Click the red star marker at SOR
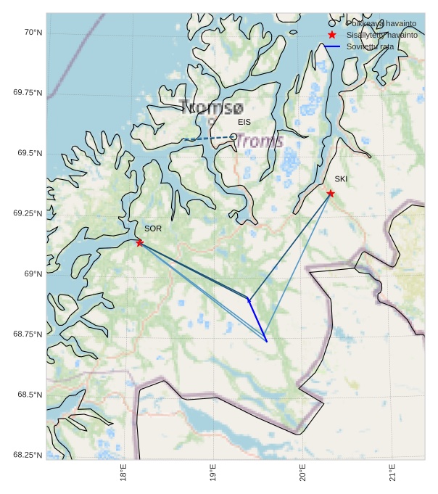coord(139,242)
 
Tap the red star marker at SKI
coord(331,193)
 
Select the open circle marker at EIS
coord(234,136)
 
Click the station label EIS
coord(244,122)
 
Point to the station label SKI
coord(341,178)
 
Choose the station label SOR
coord(153,229)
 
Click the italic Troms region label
coord(259,141)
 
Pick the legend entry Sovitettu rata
coord(370,46)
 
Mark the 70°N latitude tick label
coord(32,33)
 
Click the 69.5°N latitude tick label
coord(30,153)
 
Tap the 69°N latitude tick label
coord(33,273)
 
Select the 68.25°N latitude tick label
coord(28,455)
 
